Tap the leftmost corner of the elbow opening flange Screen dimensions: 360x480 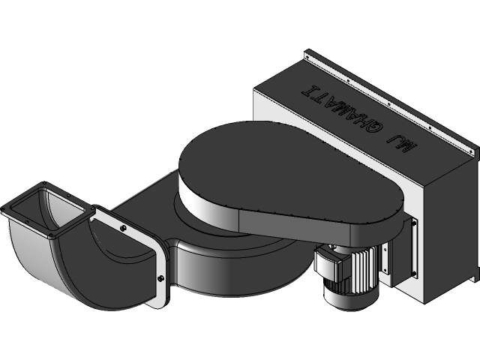coord(4,209)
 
